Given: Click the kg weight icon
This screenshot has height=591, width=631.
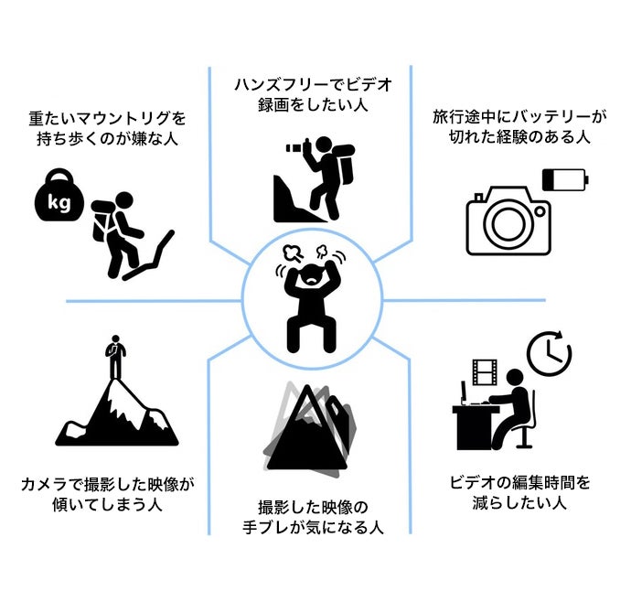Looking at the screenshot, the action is [x=59, y=196].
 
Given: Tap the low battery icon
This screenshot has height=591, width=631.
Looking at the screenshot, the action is [x=565, y=179].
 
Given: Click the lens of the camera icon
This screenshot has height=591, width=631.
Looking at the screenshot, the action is [x=508, y=223].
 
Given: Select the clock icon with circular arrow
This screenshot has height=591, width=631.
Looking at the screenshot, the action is [x=550, y=352].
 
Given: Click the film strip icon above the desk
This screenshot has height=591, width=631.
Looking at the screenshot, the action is [x=485, y=371].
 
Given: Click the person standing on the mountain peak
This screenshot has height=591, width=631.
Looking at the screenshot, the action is [x=115, y=357].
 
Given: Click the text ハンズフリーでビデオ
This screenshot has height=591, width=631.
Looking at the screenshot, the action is [x=313, y=85].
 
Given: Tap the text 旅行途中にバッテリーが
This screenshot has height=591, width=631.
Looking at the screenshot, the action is [x=519, y=117].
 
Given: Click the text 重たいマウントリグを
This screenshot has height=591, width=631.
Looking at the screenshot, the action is [x=107, y=118].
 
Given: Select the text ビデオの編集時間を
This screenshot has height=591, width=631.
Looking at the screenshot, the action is [x=519, y=482].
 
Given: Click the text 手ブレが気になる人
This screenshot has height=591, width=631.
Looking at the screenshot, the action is [x=313, y=527].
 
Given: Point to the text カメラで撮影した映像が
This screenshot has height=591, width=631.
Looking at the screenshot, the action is [x=107, y=484].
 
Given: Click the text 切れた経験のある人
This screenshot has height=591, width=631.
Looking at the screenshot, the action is [x=519, y=137].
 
